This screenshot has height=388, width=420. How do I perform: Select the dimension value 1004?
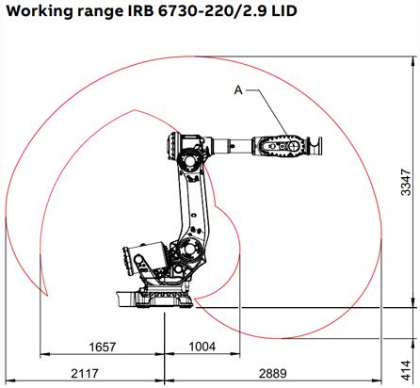click(x=202, y=348)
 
